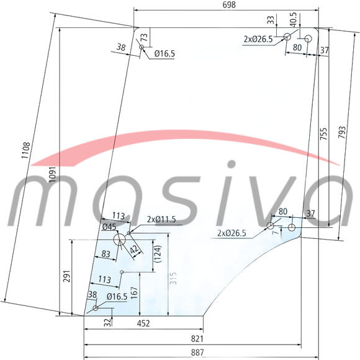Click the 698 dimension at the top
click(x=229, y=5)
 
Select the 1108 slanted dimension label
click(x=25, y=150)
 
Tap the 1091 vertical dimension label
click(x=53, y=174)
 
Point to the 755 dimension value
click(x=323, y=134)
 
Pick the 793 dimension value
click(x=341, y=132)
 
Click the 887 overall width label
click(x=197, y=352)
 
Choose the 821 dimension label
click(x=197, y=339)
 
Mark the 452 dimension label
click(x=143, y=323)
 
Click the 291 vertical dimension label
click(x=67, y=276)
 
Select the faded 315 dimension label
click(x=173, y=279)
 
